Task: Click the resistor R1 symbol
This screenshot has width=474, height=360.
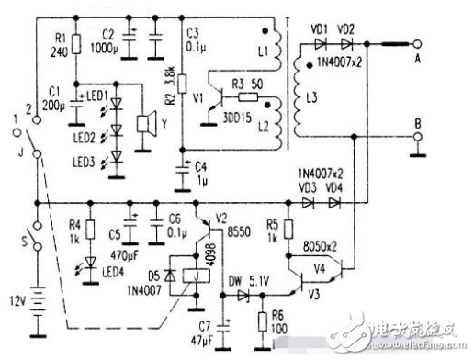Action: coord(76,43)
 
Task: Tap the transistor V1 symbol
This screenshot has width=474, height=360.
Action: coord(218,97)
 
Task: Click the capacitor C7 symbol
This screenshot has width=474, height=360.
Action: coord(227,321)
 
